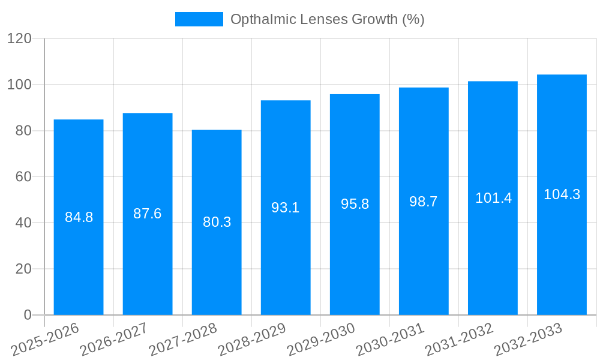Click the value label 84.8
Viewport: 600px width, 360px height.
[x=79, y=217]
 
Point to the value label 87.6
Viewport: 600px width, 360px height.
[x=148, y=214]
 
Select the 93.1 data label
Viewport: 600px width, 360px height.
[x=286, y=208]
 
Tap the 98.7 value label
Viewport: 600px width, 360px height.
[x=424, y=202]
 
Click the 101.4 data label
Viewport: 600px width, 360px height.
[x=493, y=198]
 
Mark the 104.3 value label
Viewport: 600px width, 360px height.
[x=562, y=194]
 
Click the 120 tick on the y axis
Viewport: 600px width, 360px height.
[x=19, y=38]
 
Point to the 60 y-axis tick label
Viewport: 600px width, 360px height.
[x=23, y=177]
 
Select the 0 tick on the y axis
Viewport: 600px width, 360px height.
[x=28, y=315]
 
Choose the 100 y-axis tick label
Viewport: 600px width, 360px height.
[x=19, y=85]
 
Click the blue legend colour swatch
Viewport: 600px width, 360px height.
[x=199, y=19]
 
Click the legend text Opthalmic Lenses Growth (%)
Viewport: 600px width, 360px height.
[x=327, y=19]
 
